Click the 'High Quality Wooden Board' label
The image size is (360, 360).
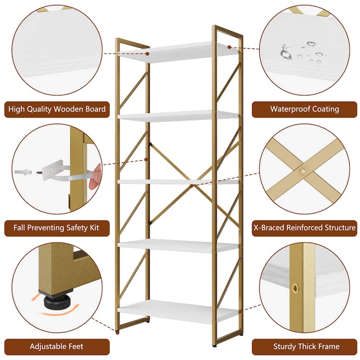(x=57, y=109)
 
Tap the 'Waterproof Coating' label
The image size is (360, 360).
(x=305, y=109)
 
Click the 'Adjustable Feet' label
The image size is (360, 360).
(x=57, y=346)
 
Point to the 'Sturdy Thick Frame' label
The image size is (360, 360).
(x=305, y=346)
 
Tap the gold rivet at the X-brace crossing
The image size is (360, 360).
(x=303, y=171)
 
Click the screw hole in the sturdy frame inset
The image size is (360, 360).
(x=295, y=288)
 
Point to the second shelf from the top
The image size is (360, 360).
(x=178, y=116)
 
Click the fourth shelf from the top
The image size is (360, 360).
(x=178, y=246)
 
